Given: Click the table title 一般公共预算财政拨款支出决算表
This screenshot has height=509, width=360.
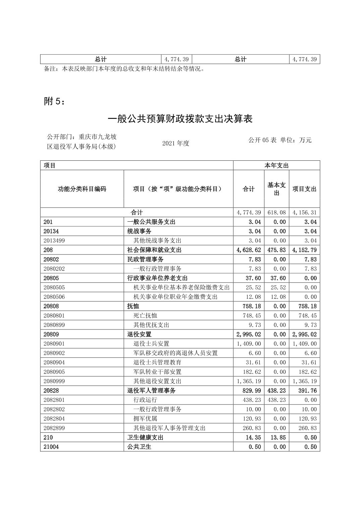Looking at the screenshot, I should [180, 119].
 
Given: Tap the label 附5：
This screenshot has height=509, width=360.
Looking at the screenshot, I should [54, 101].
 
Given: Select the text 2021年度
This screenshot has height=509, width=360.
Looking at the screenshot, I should [176, 143].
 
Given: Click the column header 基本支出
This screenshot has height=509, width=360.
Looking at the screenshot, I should [277, 189].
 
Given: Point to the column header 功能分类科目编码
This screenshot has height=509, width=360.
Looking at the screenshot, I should [82, 189].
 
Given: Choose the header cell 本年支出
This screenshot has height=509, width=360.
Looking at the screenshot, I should [277, 165].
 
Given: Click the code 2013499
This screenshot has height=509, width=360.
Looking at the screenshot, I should [54, 241].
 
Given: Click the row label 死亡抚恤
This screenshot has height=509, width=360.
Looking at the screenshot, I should [145, 316].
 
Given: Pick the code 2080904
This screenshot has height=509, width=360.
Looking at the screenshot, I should [54, 363].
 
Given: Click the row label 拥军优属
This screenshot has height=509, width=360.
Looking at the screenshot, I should [145, 419].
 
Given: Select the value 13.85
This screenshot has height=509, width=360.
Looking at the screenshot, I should [279, 438].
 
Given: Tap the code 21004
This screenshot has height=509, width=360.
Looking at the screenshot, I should [51, 447].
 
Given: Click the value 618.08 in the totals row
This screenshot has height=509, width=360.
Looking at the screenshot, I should [277, 213].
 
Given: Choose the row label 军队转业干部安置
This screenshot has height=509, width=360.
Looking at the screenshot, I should [157, 372].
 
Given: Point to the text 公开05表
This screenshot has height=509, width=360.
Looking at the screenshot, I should [262, 140].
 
